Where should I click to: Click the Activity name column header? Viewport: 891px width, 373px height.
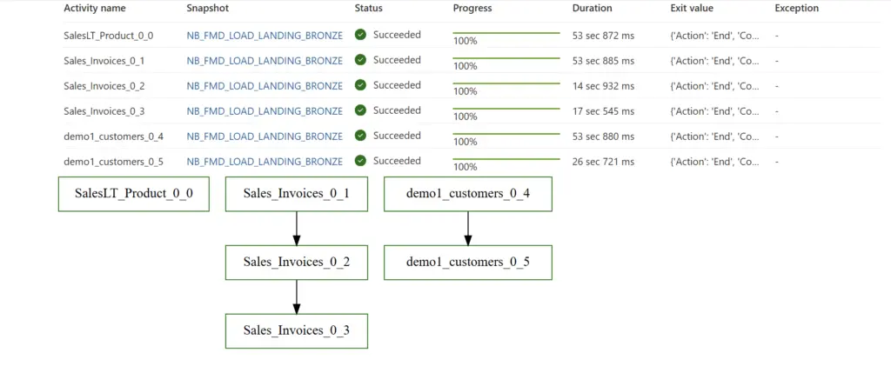(95, 9)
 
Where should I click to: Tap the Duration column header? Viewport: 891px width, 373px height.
(592, 9)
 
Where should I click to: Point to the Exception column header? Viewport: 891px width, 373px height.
(796, 9)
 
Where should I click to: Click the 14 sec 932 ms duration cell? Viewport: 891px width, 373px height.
(603, 86)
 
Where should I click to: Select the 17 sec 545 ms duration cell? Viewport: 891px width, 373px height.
(603, 111)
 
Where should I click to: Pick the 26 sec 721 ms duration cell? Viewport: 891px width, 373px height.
(603, 162)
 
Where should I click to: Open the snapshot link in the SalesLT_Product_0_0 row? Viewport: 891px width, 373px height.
(265, 36)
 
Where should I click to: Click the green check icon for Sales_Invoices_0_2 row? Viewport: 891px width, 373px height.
(360, 85)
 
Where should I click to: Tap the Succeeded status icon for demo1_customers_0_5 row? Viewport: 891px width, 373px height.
(360, 161)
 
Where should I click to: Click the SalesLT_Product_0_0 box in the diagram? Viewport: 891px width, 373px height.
(134, 194)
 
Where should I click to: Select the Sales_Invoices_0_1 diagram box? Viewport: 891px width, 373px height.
(297, 194)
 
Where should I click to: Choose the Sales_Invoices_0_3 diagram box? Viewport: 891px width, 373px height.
(297, 331)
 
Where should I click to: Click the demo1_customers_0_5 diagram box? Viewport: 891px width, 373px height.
(468, 263)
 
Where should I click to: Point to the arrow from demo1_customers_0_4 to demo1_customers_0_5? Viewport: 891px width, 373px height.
(468, 228)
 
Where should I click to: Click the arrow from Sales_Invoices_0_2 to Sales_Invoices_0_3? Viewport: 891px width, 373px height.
(297, 296)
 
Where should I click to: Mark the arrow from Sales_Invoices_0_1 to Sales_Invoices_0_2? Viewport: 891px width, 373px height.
(297, 228)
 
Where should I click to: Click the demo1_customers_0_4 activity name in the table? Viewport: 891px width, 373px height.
(113, 137)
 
